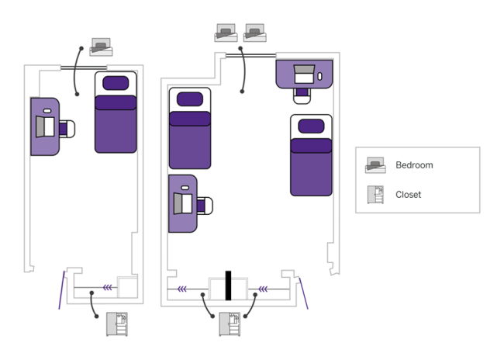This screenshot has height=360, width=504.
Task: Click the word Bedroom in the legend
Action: pyautogui.click(x=414, y=165)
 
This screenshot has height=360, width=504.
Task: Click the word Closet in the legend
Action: pyautogui.click(x=408, y=195)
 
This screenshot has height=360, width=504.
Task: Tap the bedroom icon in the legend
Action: pyautogui.click(x=376, y=165)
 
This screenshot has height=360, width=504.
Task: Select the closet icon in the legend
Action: pyautogui.click(x=376, y=195)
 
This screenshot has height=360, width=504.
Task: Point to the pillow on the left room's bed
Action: pyautogui.click(x=116, y=82)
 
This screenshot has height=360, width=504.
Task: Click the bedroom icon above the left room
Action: pyautogui.click(x=102, y=46)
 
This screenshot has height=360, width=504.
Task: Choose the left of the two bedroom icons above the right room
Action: pyautogui.click(x=226, y=33)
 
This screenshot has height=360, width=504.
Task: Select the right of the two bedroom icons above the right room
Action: pyautogui.click(x=255, y=33)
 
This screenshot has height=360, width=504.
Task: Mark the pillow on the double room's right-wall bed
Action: pyautogui.click(x=311, y=126)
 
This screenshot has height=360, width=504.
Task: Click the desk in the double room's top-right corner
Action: pyautogui.click(x=305, y=74)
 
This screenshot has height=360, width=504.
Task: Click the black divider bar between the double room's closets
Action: pyautogui.click(x=228, y=285)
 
